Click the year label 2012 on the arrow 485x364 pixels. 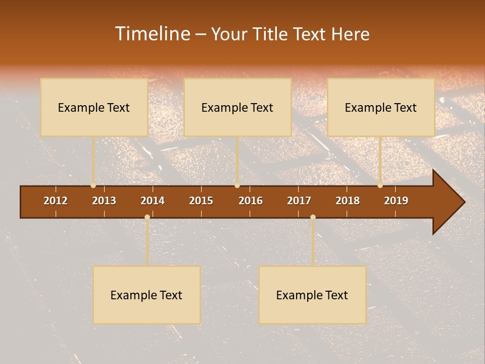(56, 201)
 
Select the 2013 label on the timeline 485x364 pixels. (104, 201)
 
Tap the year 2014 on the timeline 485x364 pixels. (153, 201)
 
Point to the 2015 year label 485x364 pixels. (201, 201)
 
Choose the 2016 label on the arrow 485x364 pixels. (251, 201)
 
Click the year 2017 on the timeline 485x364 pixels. (299, 201)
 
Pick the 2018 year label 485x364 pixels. (348, 201)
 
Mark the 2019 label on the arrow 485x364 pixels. (396, 201)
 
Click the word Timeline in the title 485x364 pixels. (151, 34)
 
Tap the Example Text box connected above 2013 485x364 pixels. (94, 107)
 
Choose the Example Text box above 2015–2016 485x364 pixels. (237, 107)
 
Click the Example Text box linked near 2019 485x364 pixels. (381, 107)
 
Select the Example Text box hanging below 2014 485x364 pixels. (147, 295)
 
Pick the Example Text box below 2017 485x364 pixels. (312, 295)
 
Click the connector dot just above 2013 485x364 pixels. (93, 186)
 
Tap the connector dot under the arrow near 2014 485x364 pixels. (147, 217)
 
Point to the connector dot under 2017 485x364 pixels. (313, 217)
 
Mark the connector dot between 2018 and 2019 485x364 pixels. (380, 186)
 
